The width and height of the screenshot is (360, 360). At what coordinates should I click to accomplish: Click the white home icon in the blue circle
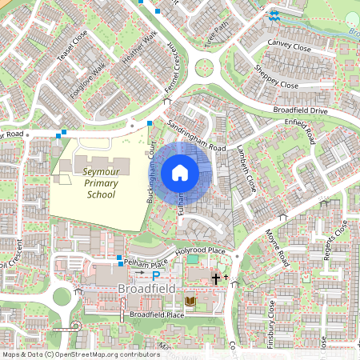(x=180, y=172)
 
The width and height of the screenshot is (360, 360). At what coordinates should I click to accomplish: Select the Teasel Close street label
(x=78, y=49)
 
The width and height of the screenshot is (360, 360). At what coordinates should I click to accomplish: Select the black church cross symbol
(x=215, y=278)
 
